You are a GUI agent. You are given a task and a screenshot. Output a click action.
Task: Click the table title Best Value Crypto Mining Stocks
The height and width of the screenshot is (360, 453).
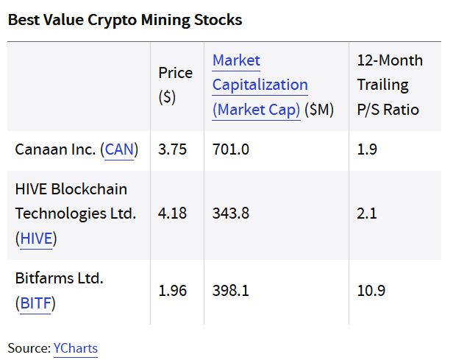124,20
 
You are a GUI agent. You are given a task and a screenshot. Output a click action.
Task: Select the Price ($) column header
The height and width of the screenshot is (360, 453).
175,85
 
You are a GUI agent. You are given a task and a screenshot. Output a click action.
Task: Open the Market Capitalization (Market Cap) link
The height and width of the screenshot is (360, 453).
260,85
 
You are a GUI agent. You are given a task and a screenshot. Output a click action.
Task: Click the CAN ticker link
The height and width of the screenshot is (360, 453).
121,149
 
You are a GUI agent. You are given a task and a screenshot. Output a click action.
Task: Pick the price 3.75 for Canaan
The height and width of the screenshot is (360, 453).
173,149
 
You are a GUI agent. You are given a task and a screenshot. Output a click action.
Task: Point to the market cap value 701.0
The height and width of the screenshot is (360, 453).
231,149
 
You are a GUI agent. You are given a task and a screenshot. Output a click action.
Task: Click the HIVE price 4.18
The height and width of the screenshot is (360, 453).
173,213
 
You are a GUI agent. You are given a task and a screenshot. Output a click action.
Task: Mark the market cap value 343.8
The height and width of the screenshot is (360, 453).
231,213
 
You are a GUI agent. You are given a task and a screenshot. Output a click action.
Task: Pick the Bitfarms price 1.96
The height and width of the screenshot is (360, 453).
173,290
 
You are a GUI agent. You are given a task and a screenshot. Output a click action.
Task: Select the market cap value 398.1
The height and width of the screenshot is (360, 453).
231,290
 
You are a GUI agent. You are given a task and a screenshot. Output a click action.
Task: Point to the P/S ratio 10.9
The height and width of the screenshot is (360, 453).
371,290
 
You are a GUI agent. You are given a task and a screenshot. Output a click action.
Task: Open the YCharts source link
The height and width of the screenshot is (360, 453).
75,347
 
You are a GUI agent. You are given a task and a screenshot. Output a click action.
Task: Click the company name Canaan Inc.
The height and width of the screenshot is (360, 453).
55,149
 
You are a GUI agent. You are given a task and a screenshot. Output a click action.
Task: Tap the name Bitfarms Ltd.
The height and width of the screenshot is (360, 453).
60,278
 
